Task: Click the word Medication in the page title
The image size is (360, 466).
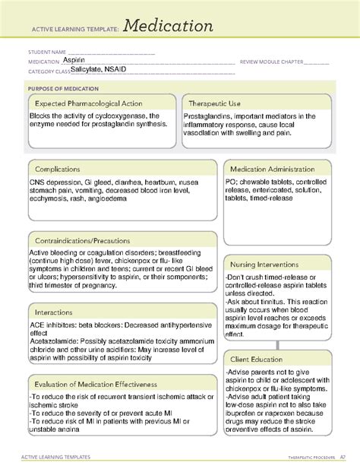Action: pyautogui.click(x=165, y=27)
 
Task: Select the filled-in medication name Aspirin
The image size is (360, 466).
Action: pyautogui.click(x=74, y=59)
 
